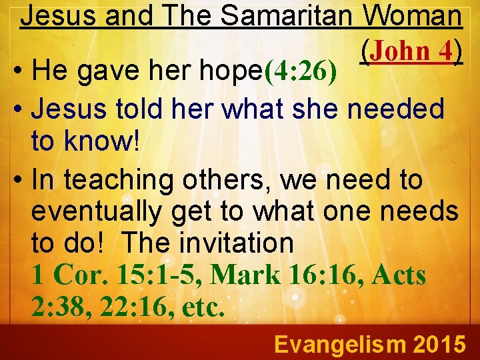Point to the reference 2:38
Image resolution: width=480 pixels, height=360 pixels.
[61, 306]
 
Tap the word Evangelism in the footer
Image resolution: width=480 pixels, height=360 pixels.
[340, 344]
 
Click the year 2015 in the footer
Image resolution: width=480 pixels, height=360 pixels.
[439, 344]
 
